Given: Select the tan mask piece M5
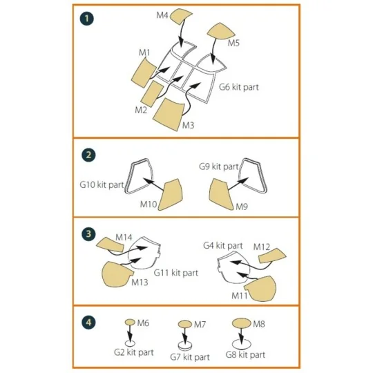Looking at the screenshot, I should pos(223,31).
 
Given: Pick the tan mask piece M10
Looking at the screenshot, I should pos(169,195).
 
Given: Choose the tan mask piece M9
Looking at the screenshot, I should pos(222,192).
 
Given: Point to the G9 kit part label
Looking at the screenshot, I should pos(219,166).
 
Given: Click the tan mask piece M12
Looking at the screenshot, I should pos(272,257).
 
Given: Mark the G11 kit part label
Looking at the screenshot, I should pos(175,273).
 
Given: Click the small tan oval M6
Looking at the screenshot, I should pos(130,322).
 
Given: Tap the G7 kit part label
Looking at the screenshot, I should pos(189,357).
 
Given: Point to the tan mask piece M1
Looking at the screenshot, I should pos(145,70).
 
